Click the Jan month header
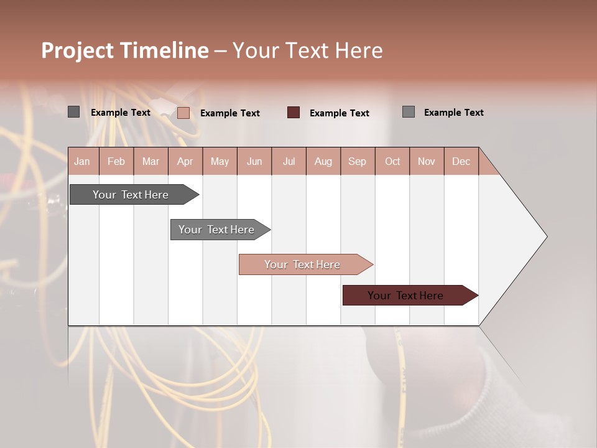[x=82, y=162]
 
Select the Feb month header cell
[x=116, y=162]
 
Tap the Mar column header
[x=150, y=162]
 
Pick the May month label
[x=220, y=162]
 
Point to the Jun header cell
[x=254, y=162]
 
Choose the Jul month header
[x=289, y=162]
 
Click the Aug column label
[x=323, y=162]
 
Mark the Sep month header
[x=358, y=162]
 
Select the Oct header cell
[x=392, y=162]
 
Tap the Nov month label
[x=427, y=162]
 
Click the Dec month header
[x=461, y=162]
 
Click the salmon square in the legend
[x=183, y=113]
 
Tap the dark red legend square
[x=294, y=113]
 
